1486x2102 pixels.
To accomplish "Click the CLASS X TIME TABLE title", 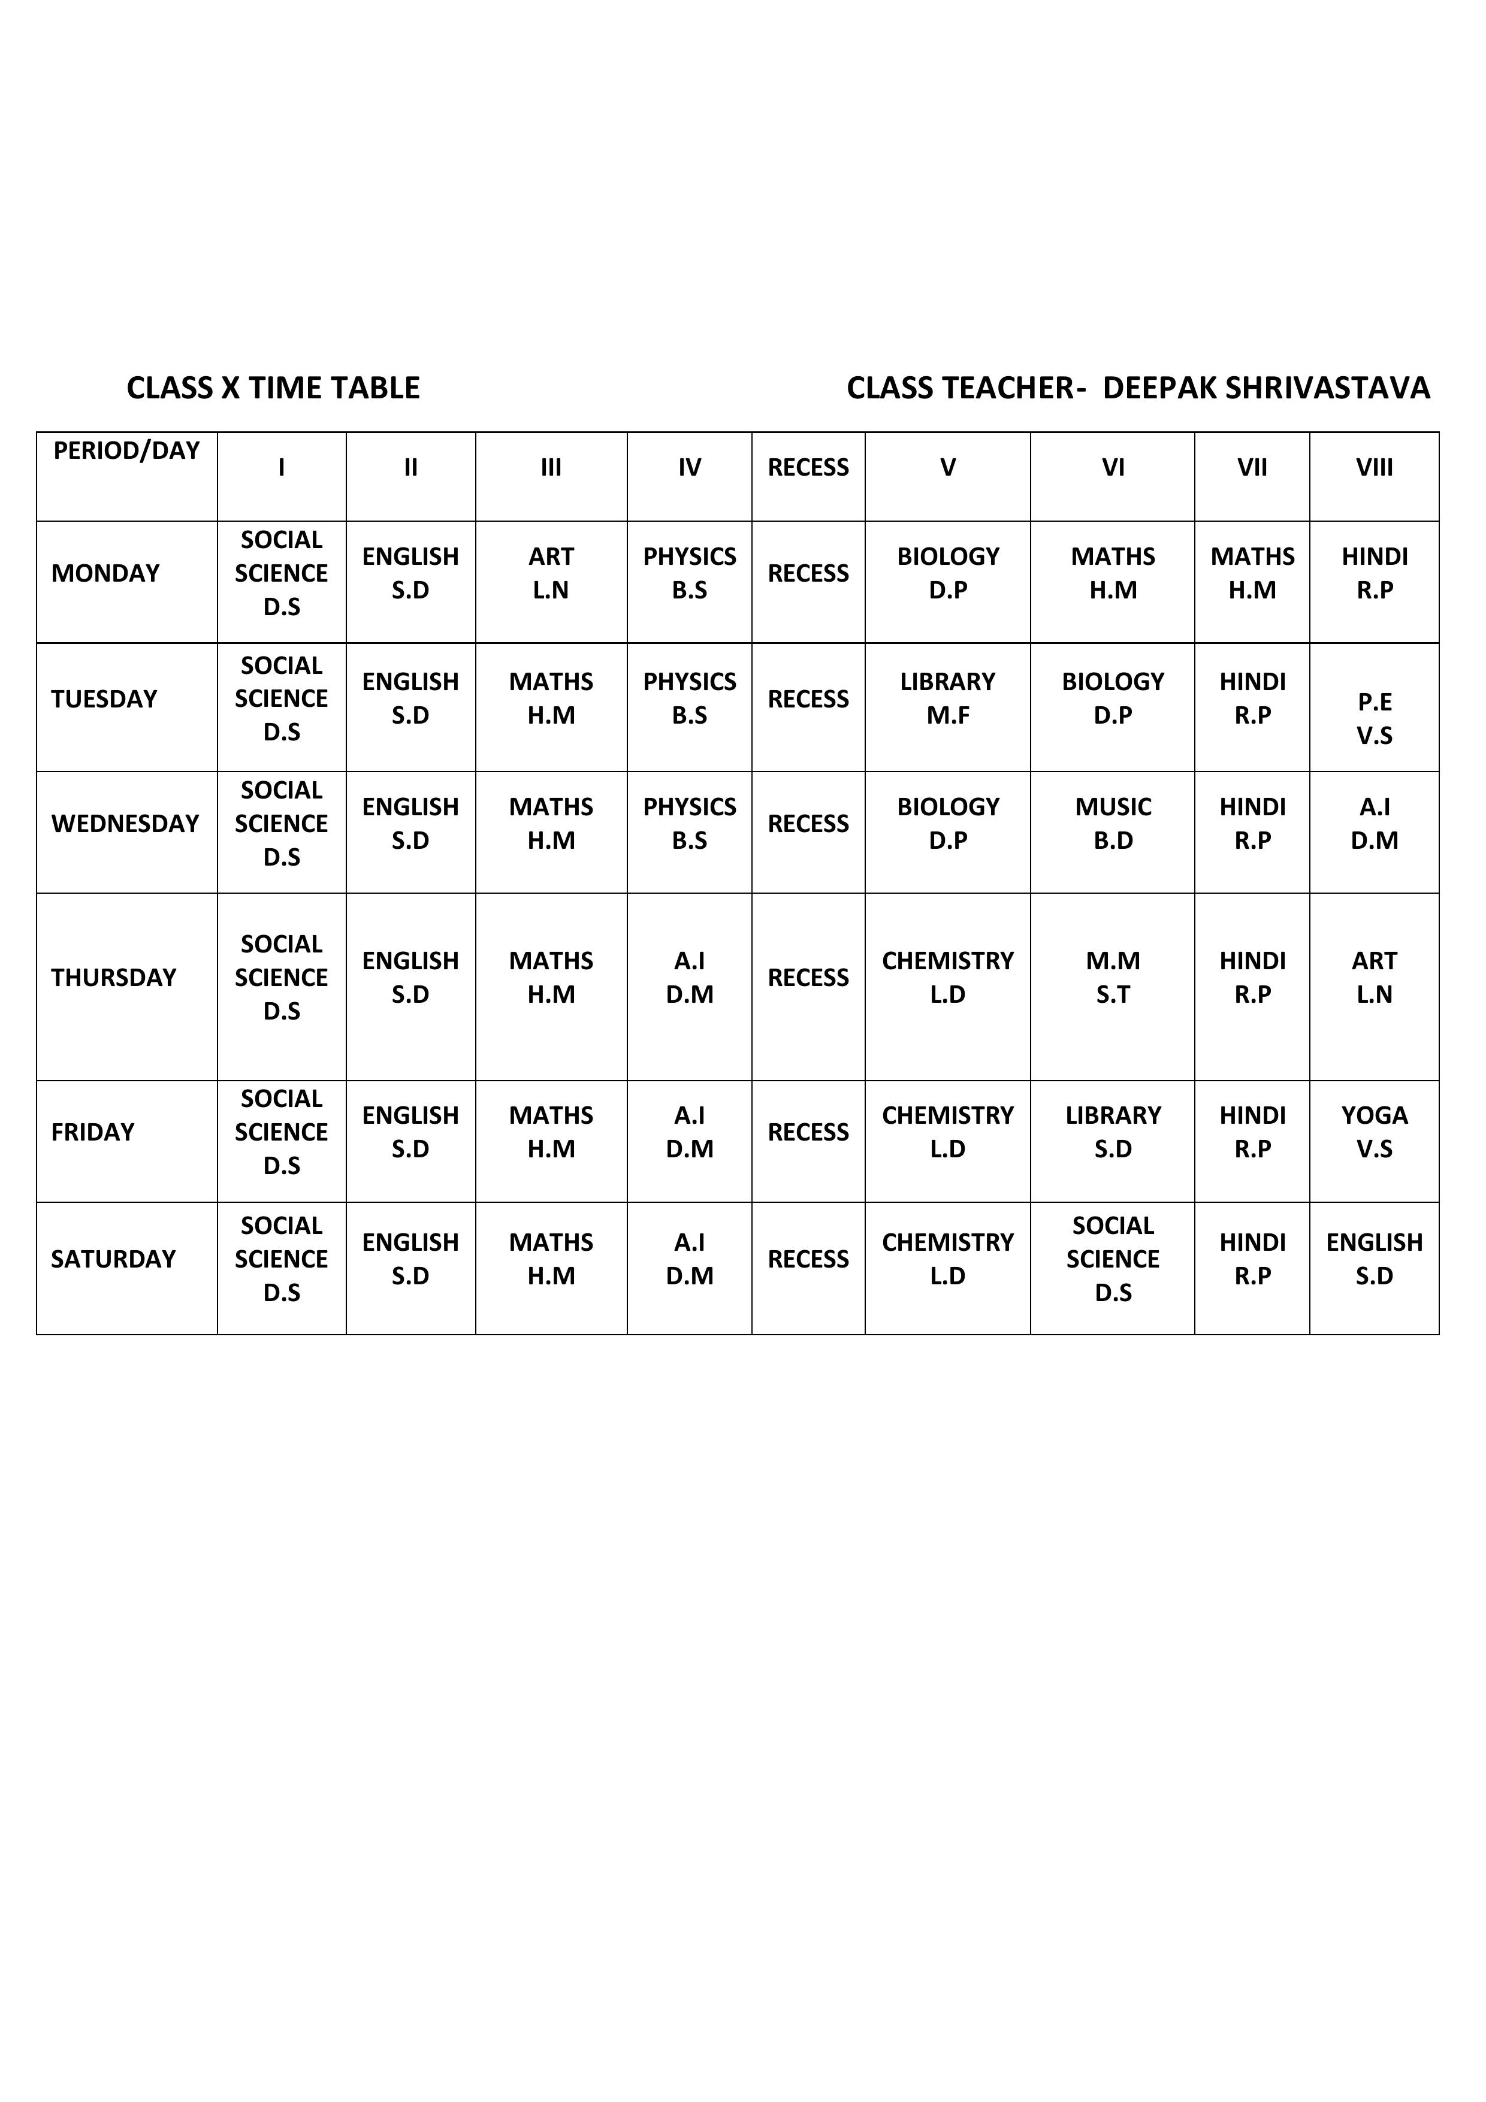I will coord(273,388).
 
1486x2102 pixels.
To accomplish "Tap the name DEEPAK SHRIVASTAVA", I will coord(1265,388).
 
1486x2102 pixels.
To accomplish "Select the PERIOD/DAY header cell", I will coord(126,451).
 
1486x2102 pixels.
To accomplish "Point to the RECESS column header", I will coord(808,468).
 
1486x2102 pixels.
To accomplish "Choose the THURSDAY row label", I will coord(113,978).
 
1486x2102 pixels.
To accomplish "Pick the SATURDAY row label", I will coord(113,1259).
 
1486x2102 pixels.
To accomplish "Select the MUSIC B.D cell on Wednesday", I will coord(1113,824).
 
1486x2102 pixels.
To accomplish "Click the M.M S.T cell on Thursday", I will coord(1113,978).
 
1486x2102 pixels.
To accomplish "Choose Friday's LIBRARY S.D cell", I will coord(1113,1133).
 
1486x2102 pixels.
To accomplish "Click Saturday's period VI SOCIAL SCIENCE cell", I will coord(1113,1259).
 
